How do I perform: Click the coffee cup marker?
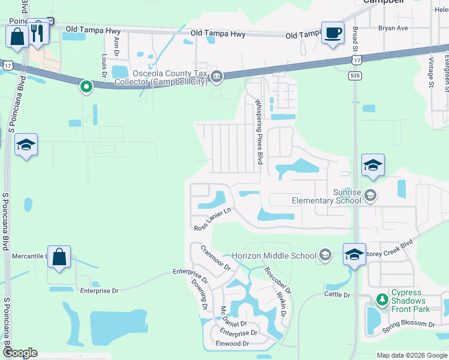[332, 32]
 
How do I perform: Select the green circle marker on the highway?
[86, 88]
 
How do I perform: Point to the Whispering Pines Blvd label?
[260, 132]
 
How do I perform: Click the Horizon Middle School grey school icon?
[325, 256]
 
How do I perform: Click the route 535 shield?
[354, 76]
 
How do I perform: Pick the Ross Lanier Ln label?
[212, 220]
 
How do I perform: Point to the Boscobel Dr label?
[277, 280]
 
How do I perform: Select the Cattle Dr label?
[337, 295]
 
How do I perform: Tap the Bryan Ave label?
[393, 28]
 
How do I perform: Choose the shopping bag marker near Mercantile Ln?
[59, 257]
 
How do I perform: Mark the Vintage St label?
[431, 72]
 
